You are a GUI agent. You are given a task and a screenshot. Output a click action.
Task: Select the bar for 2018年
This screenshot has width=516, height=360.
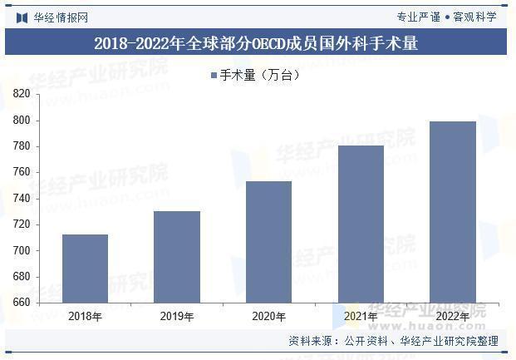(x=85, y=269)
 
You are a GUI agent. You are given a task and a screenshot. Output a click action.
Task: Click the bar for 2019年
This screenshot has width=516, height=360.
(x=177, y=257)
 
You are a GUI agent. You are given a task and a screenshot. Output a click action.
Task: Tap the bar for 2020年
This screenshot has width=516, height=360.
(x=268, y=242)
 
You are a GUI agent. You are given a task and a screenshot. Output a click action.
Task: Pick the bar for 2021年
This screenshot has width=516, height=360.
(x=361, y=224)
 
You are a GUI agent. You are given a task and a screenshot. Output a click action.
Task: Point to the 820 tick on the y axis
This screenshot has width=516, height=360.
(x=22, y=95)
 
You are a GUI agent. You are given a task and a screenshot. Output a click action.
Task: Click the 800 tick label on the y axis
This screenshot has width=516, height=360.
(x=22, y=121)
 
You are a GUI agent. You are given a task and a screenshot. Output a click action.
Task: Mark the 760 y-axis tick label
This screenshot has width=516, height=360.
(x=22, y=172)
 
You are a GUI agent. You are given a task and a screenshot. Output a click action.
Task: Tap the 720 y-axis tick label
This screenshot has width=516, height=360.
(x=22, y=224)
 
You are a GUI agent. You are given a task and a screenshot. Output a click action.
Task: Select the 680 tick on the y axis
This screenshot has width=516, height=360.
(x=22, y=276)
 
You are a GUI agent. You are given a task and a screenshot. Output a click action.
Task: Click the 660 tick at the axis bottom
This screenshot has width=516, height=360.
(x=22, y=303)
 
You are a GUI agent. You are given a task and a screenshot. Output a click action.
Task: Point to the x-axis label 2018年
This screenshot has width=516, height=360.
(x=85, y=316)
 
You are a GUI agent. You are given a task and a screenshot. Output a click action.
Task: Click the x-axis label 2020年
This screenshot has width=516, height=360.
(x=268, y=316)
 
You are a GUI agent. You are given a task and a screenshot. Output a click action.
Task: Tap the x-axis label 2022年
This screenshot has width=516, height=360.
(x=452, y=316)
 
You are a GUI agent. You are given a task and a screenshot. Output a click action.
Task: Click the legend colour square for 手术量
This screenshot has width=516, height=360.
(x=214, y=76)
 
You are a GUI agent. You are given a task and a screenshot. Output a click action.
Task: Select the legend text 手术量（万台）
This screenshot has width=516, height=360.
(x=260, y=76)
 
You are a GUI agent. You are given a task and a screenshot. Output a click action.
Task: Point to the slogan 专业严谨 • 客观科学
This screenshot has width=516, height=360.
(x=446, y=17)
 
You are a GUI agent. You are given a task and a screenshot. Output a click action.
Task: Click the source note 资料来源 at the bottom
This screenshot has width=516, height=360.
(x=393, y=341)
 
